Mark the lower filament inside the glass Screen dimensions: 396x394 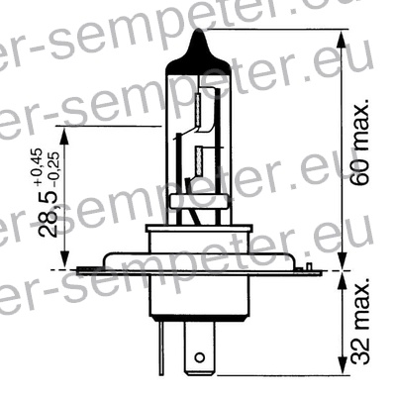pyautogui.click(x=203, y=158)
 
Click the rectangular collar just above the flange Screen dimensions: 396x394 pyautogui.click(x=199, y=237)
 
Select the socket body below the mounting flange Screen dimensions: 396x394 pyautogui.click(x=198, y=297)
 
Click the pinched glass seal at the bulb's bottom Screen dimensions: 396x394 pyautogui.click(x=200, y=203)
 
